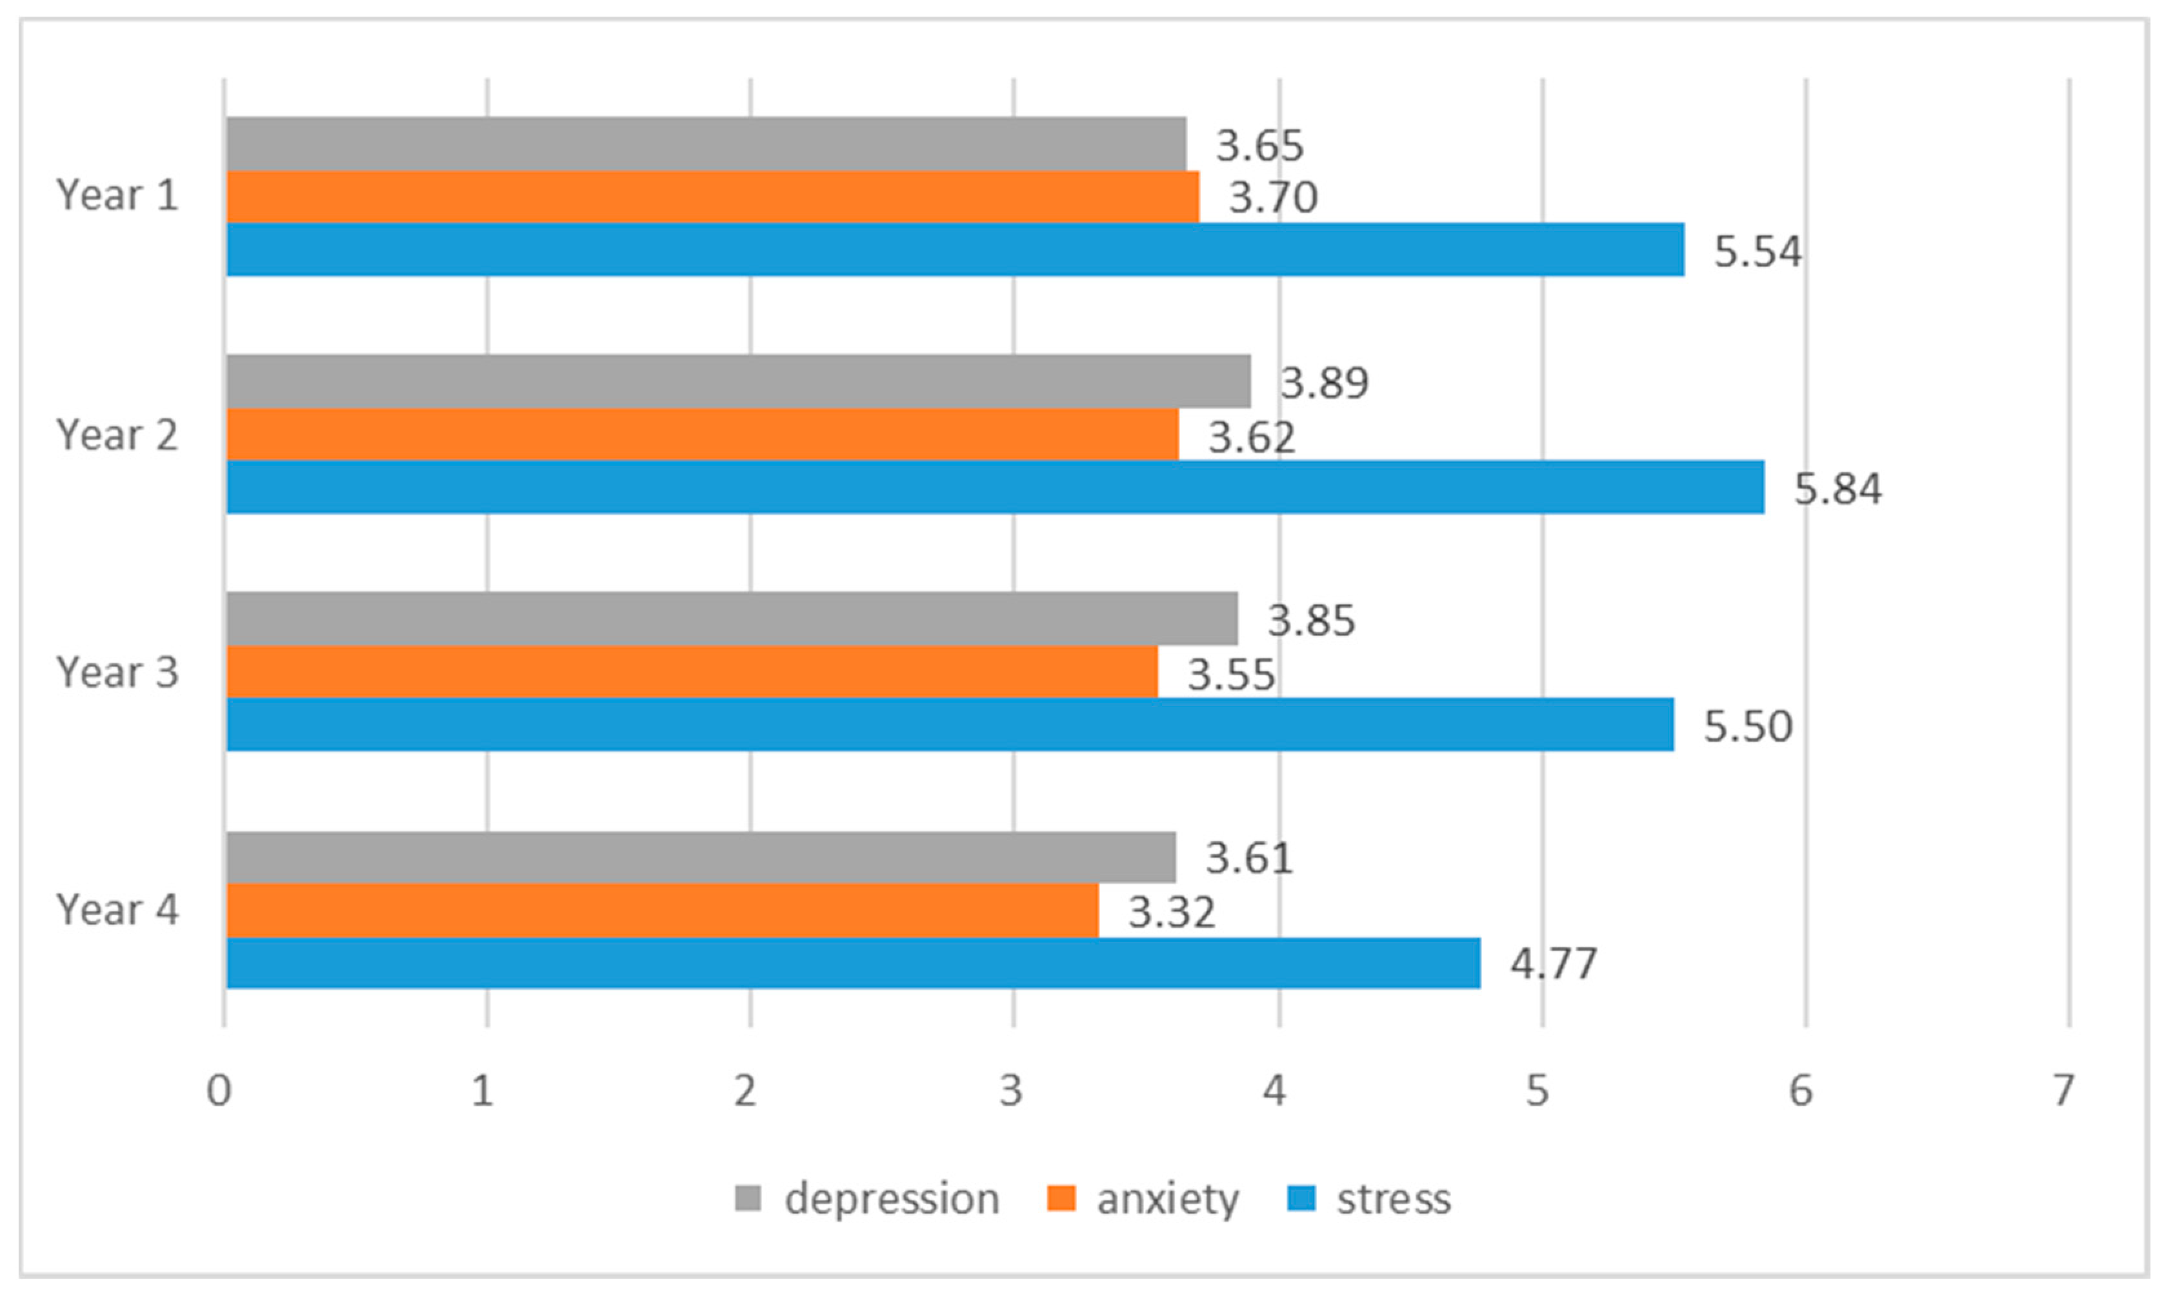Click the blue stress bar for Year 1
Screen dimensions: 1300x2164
pos(955,250)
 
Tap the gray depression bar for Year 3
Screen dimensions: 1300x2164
pos(732,619)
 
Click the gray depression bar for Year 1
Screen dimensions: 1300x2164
pos(706,145)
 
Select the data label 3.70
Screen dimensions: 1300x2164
pos(1273,197)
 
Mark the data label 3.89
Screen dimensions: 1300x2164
pos(1325,383)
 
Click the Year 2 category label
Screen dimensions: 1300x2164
pos(117,434)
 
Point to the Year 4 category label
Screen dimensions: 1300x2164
pos(117,909)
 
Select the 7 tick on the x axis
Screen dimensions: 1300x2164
pos(2064,1090)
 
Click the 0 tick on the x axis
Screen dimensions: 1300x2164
pos(219,1090)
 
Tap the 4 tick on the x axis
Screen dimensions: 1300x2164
pos(1275,1090)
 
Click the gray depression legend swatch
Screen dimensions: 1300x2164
pos(747,1198)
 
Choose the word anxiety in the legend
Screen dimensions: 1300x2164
pos(1168,1198)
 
